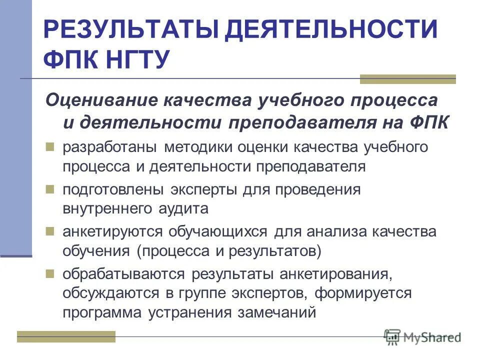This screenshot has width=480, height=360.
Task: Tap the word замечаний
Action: click(x=278, y=312)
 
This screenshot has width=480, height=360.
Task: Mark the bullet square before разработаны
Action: click(x=49, y=147)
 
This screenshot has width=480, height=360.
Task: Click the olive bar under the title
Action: click(x=407, y=79)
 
